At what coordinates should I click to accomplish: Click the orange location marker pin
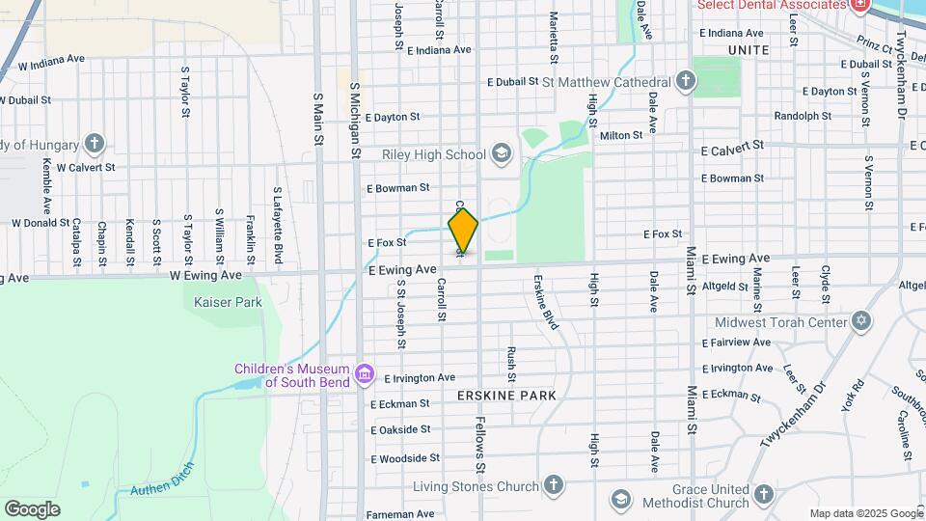[463, 230]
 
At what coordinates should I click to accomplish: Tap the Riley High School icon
[501, 153]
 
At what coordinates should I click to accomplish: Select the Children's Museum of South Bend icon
[365, 372]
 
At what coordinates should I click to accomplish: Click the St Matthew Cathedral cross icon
[685, 81]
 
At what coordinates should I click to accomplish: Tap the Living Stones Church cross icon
[553, 484]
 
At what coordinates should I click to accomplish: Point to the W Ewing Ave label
[204, 275]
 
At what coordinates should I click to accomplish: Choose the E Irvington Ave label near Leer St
[737, 368]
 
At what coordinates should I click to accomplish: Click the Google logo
[32, 508]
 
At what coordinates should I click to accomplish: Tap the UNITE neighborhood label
[749, 49]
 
